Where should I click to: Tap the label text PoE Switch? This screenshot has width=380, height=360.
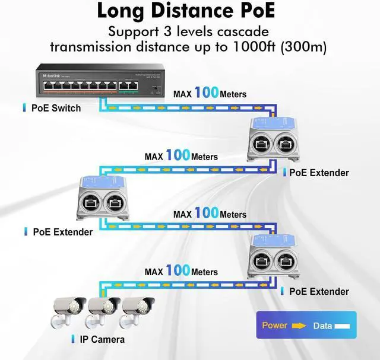coord(56,108)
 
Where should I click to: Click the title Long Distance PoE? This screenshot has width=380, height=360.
coord(189,11)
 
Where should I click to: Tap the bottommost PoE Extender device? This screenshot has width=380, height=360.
coord(274,255)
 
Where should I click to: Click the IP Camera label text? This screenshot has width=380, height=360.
coord(102,339)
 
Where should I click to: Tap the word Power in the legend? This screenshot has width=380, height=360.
coord(274,325)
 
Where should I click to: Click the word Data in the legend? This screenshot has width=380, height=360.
coord(323,326)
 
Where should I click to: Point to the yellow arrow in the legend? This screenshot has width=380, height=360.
coord(299,326)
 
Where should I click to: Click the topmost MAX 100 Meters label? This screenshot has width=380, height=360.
coord(210,94)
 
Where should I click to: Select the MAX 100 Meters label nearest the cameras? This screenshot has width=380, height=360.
coord(181,272)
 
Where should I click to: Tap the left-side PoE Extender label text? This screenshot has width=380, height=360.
coord(62,232)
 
